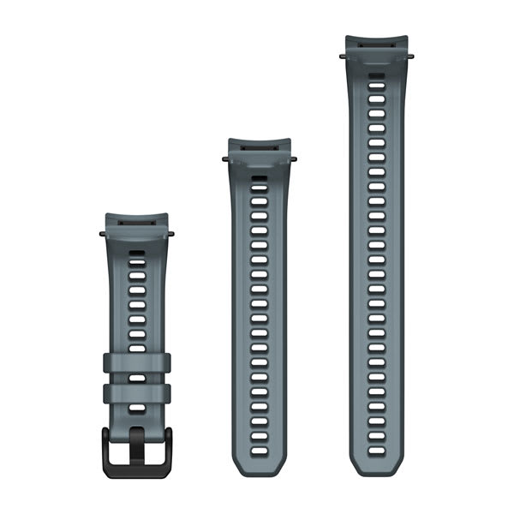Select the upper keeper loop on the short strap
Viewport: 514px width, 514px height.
point(136,362)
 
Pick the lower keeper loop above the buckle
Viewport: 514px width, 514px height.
point(136,394)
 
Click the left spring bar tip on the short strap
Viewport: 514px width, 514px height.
point(102,232)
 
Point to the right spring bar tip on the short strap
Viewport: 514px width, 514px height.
point(170,232)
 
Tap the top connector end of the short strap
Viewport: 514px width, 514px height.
point(136,220)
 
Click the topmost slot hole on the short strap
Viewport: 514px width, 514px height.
point(136,253)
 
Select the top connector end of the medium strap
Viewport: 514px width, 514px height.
point(259,146)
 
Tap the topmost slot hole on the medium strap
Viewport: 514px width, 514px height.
point(259,180)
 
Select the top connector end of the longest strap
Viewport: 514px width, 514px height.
point(376,43)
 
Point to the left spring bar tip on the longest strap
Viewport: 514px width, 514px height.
point(342,57)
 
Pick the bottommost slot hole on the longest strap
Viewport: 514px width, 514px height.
point(376,446)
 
